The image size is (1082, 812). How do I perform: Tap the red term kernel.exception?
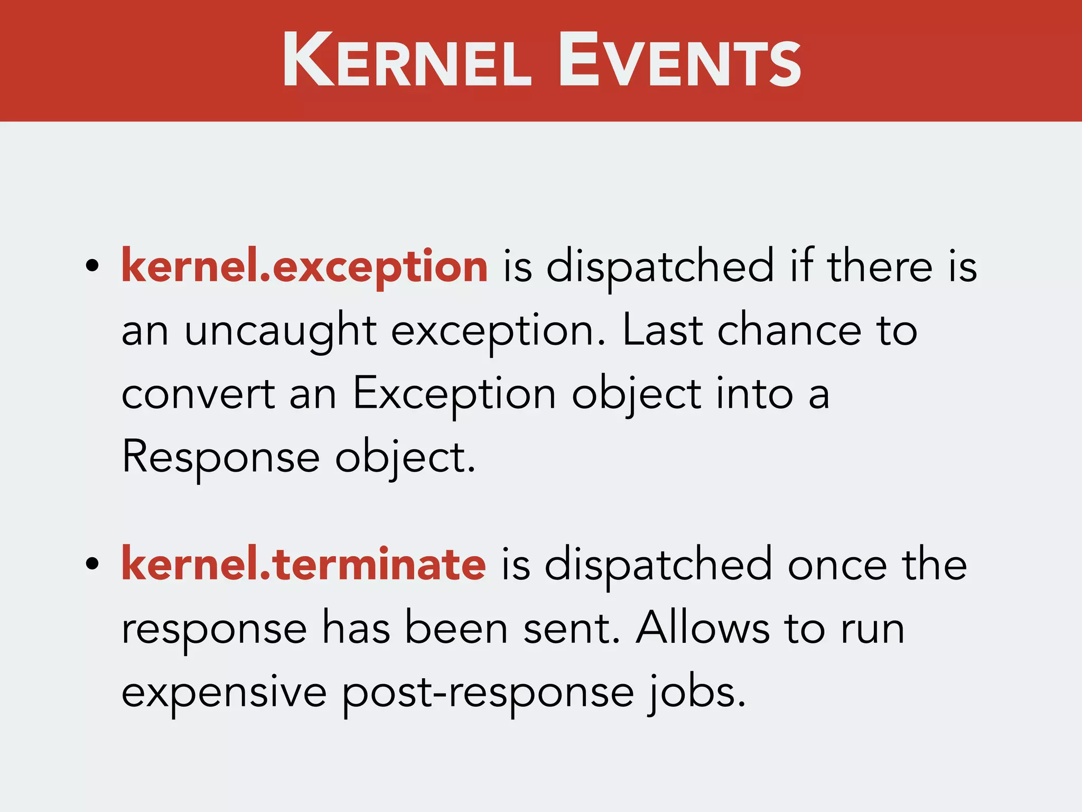(304, 267)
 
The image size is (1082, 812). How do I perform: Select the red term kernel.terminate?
(303, 565)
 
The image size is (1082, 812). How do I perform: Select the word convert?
(198, 394)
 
